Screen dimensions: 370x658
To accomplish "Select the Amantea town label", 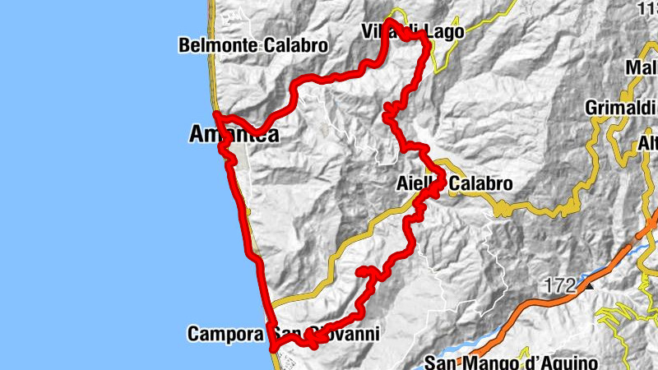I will coord(234,134).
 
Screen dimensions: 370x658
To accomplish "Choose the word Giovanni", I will coord(345,335).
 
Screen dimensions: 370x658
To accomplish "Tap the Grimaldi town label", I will coord(617,108).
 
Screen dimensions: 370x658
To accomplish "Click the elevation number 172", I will coord(558,286).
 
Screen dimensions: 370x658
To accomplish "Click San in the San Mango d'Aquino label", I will coord(439,362).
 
